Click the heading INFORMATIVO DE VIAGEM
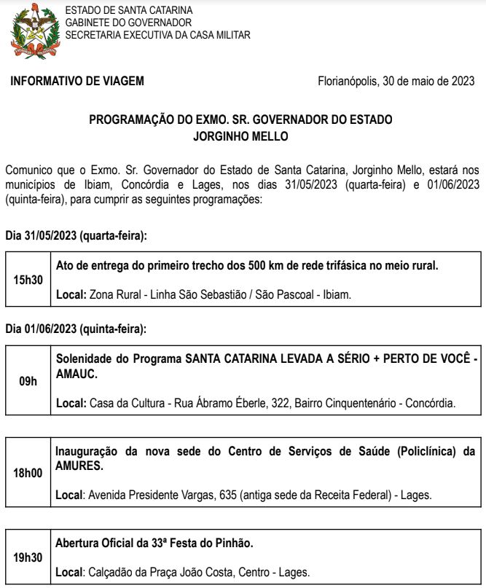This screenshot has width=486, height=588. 77,81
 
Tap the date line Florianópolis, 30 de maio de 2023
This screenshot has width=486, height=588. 396,81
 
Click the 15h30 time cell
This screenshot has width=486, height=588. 28,280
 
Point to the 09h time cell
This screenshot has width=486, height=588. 28,381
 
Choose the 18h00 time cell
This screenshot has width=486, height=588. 28,473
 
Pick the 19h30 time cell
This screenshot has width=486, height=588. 28,558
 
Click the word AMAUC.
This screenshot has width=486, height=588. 77,372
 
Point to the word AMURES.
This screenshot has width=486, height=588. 79,464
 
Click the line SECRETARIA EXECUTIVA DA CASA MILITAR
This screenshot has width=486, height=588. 157,34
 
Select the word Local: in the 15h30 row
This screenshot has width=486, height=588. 71,295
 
